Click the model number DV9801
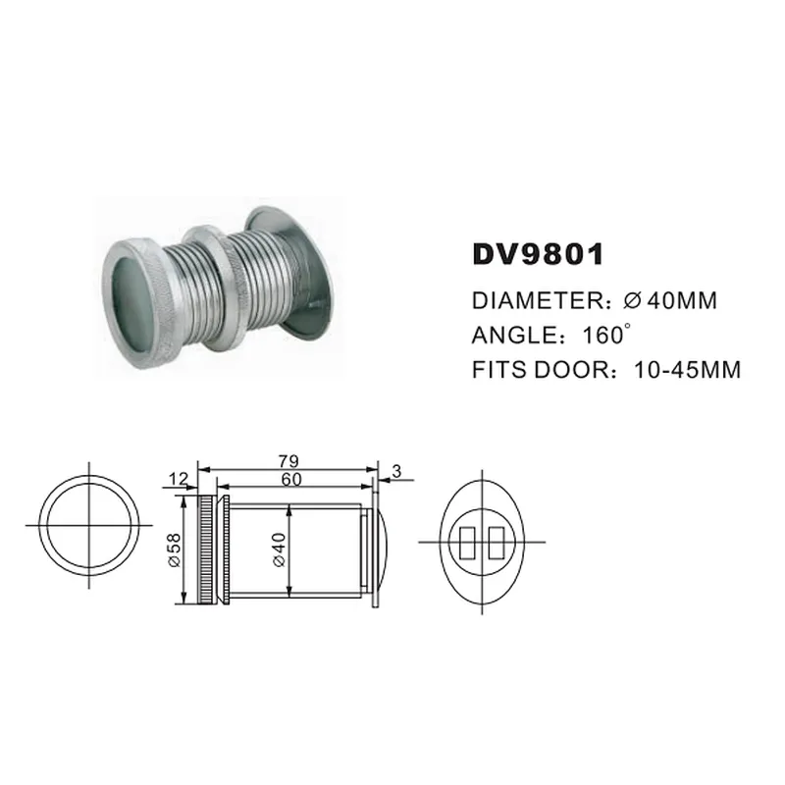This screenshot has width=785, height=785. point(538,254)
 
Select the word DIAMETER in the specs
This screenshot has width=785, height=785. point(538,300)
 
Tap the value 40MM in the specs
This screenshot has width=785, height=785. point(682,300)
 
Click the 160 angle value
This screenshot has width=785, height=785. point(603,335)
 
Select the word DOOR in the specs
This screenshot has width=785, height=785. point(571,370)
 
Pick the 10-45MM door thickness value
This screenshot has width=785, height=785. point(687,370)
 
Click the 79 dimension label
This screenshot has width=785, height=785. point(288,460)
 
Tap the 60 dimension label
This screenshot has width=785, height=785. point(291,479)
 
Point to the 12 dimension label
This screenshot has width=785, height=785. point(178,479)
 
